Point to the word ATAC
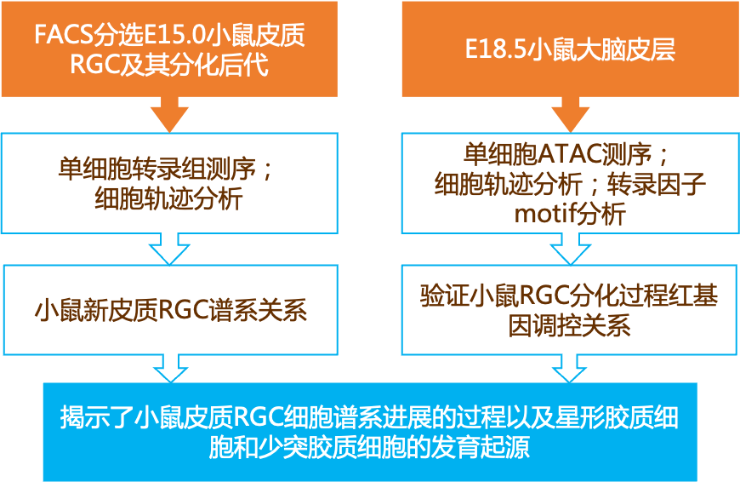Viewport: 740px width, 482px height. (567, 154)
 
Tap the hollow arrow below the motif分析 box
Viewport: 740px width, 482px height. (570, 250)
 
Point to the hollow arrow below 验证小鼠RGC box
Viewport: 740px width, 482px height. (570, 370)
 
